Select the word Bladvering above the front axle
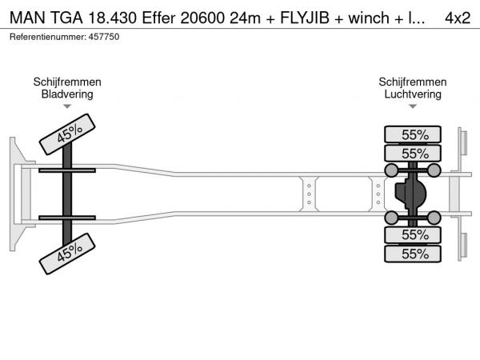[67, 94]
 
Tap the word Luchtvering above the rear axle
[413, 94]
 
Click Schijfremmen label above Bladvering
[67, 82]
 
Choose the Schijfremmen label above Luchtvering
[413, 82]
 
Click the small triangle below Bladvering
[67, 106]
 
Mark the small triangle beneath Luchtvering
[413, 106]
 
